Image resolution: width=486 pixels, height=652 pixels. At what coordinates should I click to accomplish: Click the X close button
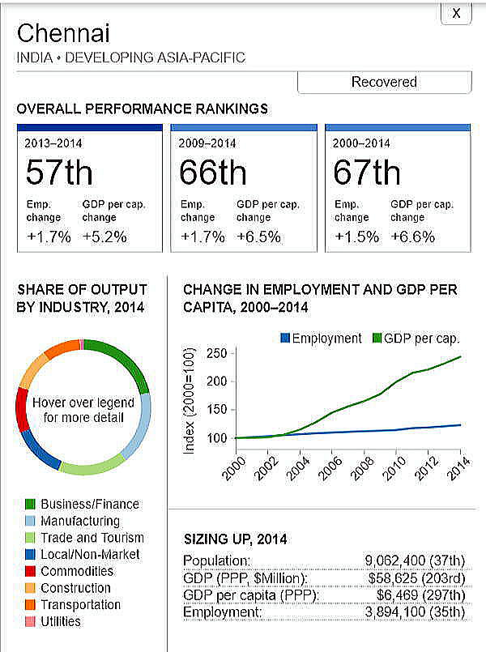tap(456, 13)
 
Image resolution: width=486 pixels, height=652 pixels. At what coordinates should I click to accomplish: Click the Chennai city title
tap(63, 34)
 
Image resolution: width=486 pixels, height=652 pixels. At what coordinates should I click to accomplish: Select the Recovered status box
tap(384, 82)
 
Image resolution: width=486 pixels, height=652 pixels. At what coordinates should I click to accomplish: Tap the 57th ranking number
tap(59, 173)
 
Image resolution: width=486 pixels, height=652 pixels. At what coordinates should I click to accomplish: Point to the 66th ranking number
tap(213, 173)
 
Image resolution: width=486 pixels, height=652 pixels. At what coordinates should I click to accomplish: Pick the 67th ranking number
tap(367, 173)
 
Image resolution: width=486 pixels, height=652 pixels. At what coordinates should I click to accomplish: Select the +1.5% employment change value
tap(351, 237)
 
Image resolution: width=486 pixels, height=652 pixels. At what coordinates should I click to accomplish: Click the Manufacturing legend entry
tap(79, 521)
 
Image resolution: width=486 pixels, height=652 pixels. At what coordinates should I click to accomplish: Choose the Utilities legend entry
tap(60, 622)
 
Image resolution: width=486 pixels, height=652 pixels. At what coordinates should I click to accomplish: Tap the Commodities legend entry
tap(77, 571)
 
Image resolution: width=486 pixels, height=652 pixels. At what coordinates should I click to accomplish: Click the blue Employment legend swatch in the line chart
tap(284, 339)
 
